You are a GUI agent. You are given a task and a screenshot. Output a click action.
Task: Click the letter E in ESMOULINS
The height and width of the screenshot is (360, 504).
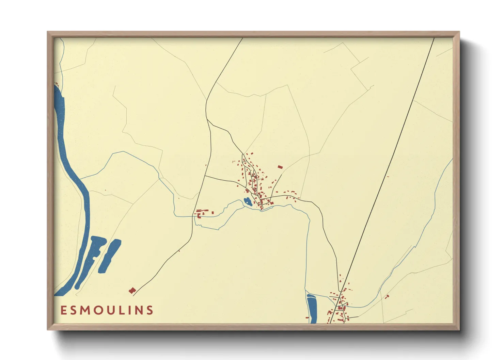point(63,310)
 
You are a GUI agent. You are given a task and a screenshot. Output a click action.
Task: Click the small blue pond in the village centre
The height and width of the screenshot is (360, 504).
point(248,202)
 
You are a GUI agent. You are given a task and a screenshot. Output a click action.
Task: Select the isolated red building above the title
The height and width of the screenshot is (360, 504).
point(132,290)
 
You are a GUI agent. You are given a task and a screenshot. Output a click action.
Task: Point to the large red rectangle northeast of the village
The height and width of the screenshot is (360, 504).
point(280,167)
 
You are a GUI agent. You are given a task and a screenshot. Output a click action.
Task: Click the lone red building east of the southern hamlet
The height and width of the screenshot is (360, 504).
point(387,297)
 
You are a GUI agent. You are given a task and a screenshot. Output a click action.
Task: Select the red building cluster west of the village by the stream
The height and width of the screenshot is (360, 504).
point(200,213)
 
